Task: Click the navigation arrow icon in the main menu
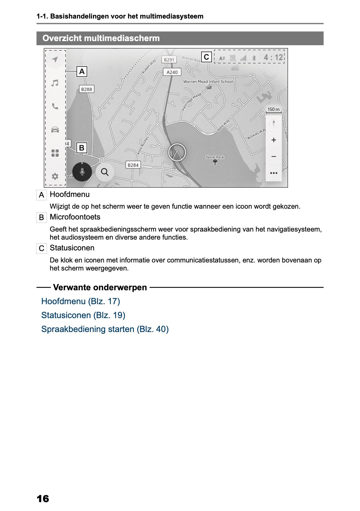pyautogui.click(x=55, y=59)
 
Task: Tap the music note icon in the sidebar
pyautogui.click(x=55, y=83)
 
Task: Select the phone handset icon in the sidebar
pyautogui.click(x=55, y=106)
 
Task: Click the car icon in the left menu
pyautogui.click(x=55, y=130)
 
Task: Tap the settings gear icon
pyautogui.click(x=55, y=176)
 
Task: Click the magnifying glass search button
pyautogui.click(x=105, y=172)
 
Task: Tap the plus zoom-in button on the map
pyautogui.click(x=273, y=140)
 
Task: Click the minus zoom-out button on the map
pyautogui.click(x=273, y=156)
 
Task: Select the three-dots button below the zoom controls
pyautogui.click(x=273, y=173)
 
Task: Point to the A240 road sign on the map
pyautogui.click(x=172, y=72)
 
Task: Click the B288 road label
pyautogui.click(x=87, y=89)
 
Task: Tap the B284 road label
pyautogui.click(x=133, y=165)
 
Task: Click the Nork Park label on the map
pyautogui.click(x=215, y=157)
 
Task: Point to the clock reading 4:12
pyautogui.click(x=273, y=57)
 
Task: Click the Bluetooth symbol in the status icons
pyautogui.click(x=254, y=58)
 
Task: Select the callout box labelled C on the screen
pyautogui.click(x=206, y=57)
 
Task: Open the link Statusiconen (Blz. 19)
pyautogui.click(x=83, y=315)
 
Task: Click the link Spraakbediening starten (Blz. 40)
pyautogui.click(x=105, y=329)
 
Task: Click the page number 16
pyautogui.click(x=43, y=498)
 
